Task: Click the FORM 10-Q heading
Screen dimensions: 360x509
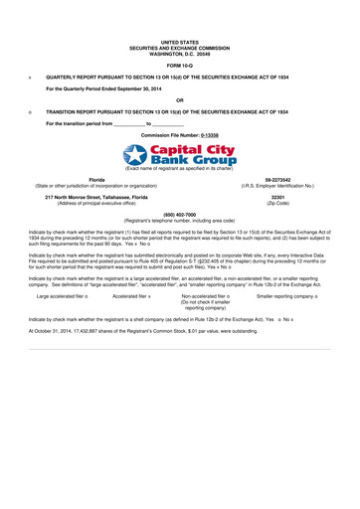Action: (x=179, y=65)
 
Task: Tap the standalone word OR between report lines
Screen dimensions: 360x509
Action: (x=179, y=99)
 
